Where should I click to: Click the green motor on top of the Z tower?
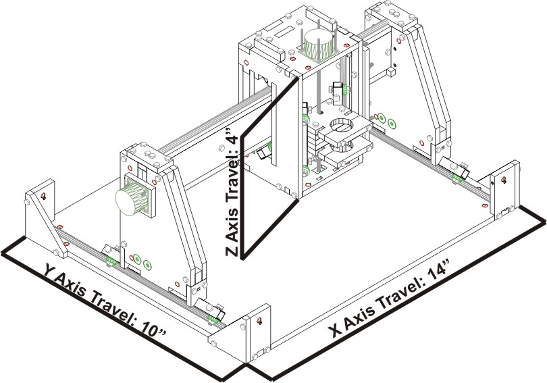coord(318,44)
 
